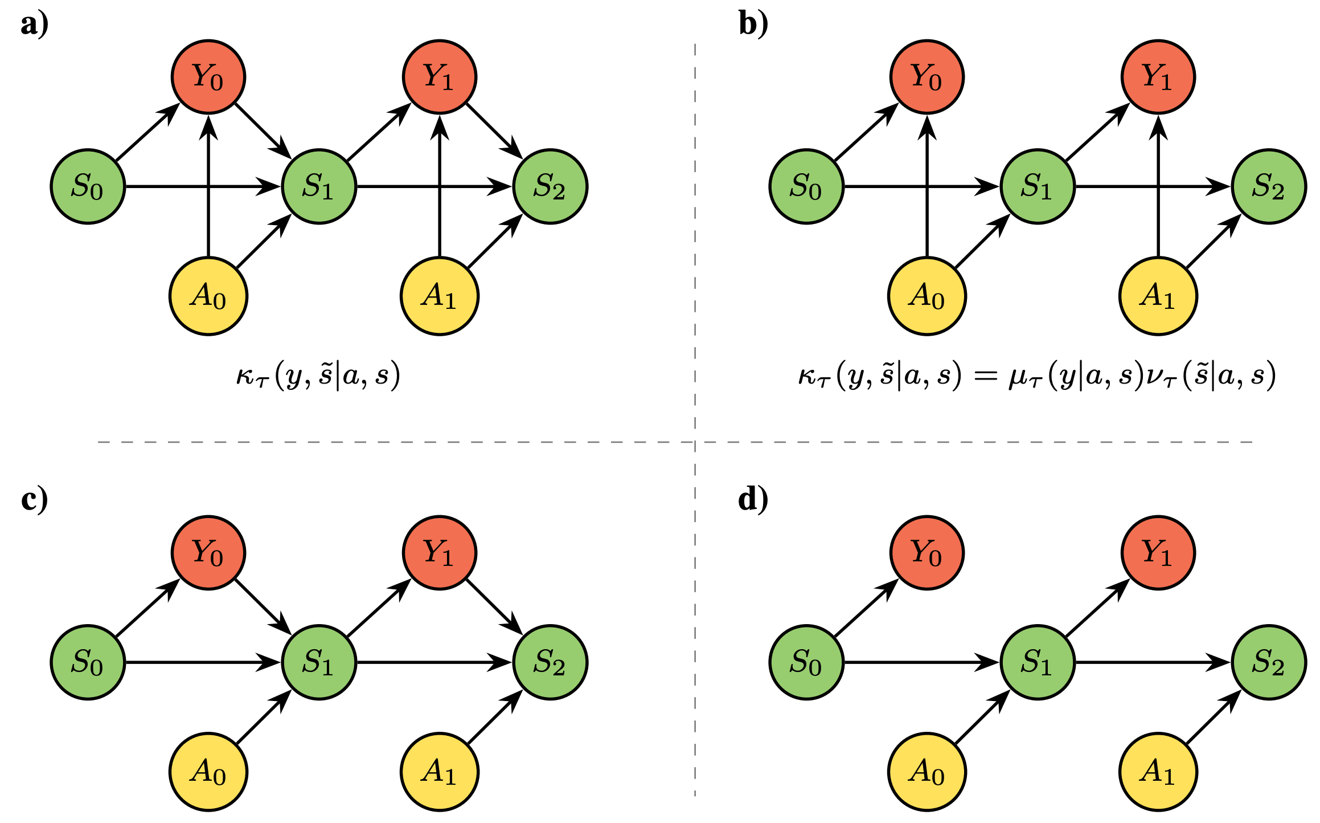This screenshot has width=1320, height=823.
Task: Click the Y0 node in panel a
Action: coord(208,76)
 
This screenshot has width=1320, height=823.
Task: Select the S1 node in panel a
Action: coord(319,186)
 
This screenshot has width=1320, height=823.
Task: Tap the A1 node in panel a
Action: coord(440,296)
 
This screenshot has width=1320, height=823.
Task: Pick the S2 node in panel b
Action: coord(1269,186)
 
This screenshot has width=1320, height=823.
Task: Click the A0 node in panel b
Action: coord(927,296)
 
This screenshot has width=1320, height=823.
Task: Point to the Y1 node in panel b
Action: coord(1158,76)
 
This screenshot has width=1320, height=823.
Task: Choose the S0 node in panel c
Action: coord(88,662)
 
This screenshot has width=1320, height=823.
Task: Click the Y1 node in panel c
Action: coord(440,552)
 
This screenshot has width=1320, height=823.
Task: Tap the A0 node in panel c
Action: coord(208,772)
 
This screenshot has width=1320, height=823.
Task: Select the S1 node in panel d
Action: coord(1038,662)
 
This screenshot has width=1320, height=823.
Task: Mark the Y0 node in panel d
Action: coord(927,552)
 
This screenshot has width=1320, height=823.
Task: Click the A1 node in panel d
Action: coord(1158,772)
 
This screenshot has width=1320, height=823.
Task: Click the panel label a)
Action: coord(35,25)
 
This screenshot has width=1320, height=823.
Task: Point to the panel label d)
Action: coord(753,499)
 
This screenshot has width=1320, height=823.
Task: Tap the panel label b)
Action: coord(753,25)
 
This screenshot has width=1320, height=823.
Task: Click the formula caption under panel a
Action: coord(318,376)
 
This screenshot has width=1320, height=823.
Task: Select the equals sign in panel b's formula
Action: coord(985,376)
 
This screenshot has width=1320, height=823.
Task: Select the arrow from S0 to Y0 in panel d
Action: coord(866,608)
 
